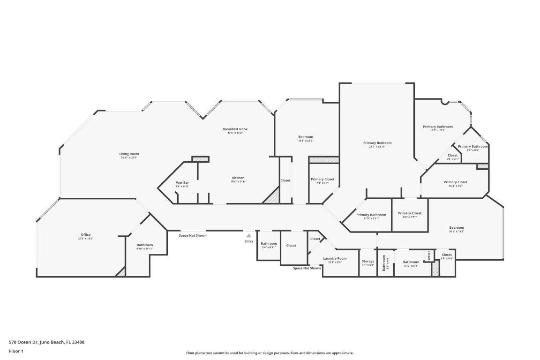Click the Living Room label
[x=129, y=154]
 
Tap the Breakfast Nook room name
[x=235, y=129]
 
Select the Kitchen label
[x=238, y=178]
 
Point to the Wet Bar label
[x=182, y=182]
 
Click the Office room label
[x=85, y=234]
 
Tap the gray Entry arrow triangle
[x=248, y=235]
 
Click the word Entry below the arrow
[x=248, y=241]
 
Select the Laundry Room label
[x=335, y=258]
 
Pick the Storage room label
[x=368, y=261]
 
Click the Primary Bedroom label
[x=377, y=142]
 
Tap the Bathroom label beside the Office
[x=145, y=245]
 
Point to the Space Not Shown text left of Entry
[x=192, y=235]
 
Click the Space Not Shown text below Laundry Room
[x=307, y=268]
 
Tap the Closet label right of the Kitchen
[x=285, y=180]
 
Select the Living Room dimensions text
[x=129, y=157]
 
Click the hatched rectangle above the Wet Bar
[x=200, y=159]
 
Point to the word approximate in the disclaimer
[x=343, y=353]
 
